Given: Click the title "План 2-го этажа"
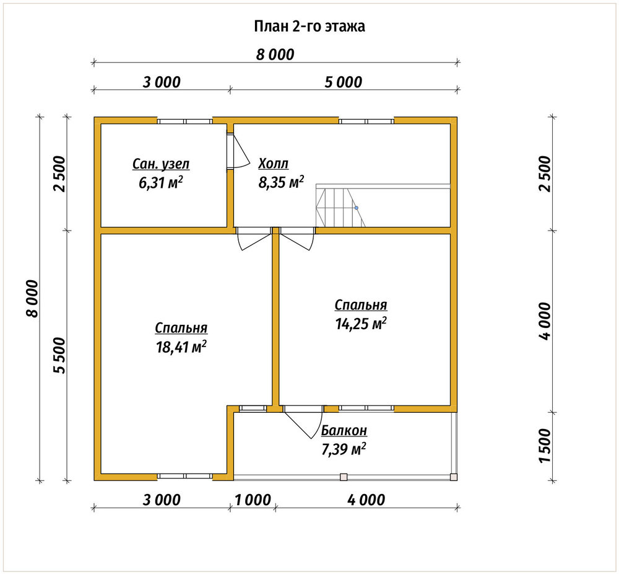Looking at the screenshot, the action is [x=309, y=27].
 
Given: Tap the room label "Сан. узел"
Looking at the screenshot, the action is [x=161, y=164].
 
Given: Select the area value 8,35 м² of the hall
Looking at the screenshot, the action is [x=281, y=183].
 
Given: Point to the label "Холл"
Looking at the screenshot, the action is [x=273, y=163].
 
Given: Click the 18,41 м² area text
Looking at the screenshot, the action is [x=181, y=348].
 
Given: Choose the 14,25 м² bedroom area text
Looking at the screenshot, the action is [x=361, y=324].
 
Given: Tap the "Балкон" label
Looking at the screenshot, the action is [x=344, y=430].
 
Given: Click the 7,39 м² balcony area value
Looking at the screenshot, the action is [x=344, y=449].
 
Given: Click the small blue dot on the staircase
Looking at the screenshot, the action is [x=356, y=208].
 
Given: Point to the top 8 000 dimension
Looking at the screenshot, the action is [x=275, y=55].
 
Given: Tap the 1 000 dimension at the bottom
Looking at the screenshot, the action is [x=253, y=500].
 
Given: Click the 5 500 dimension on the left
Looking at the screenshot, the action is [x=59, y=355].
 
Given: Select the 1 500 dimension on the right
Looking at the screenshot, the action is [x=545, y=446].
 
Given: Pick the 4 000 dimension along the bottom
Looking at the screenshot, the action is [x=366, y=500].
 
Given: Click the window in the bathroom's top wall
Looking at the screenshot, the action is [x=184, y=121].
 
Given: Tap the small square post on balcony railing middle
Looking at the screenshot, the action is [x=344, y=477].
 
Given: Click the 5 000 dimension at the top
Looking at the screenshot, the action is [x=343, y=82].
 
